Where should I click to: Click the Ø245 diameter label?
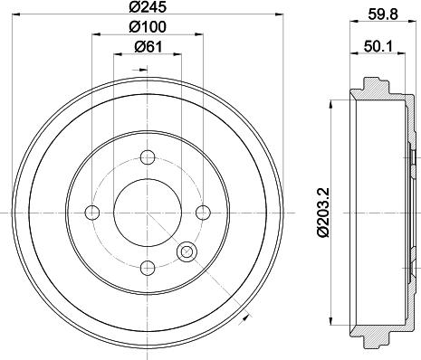coord(147,9)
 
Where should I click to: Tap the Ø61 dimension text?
coord(147,48)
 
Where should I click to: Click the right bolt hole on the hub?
coord(201,213)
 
